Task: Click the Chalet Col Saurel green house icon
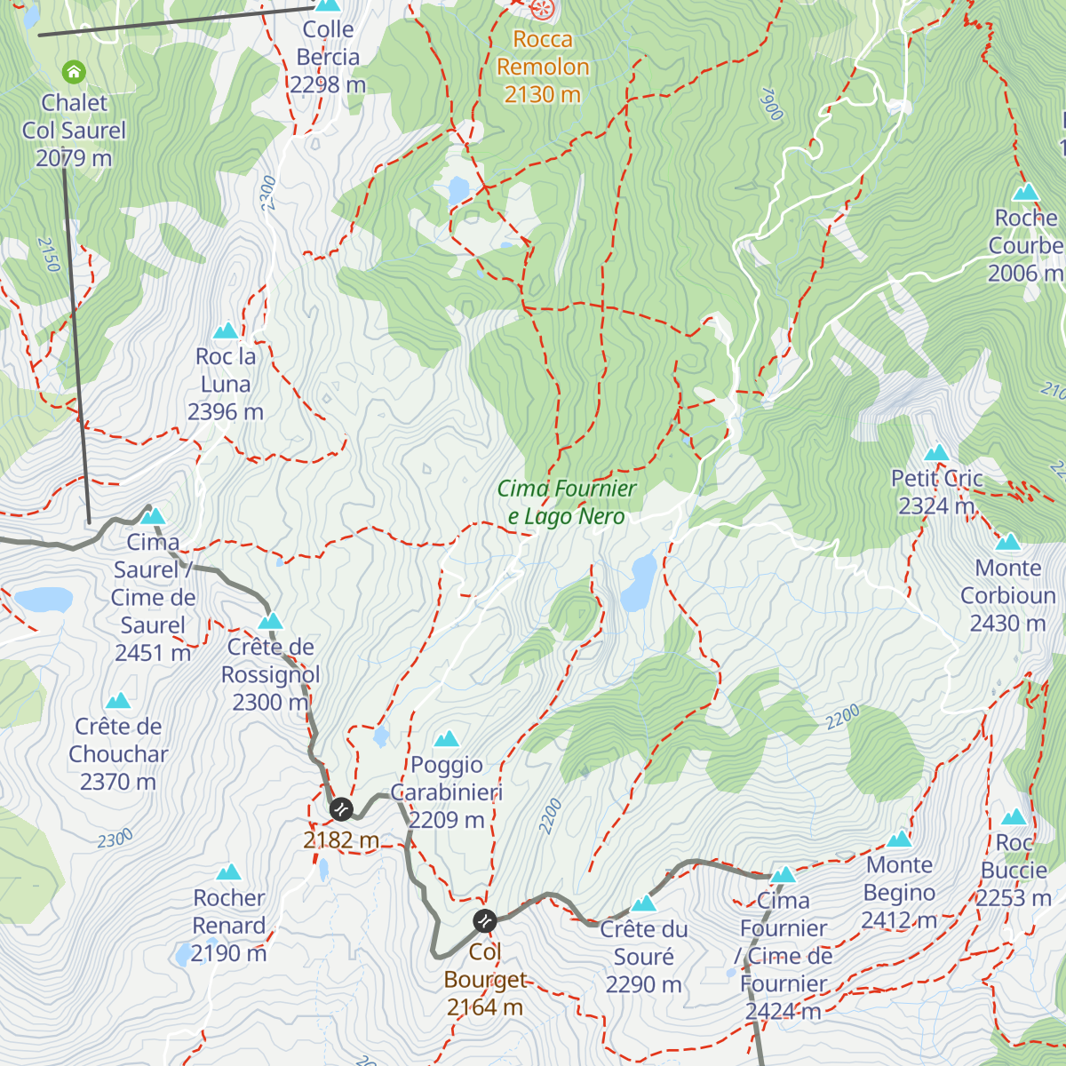click(74, 71)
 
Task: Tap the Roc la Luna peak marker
click(226, 331)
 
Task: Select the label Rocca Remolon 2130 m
click(542, 67)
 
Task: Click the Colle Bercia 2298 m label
click(328, 57)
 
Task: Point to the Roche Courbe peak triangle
click(1026, 192)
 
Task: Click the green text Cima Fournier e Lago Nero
click(567, 502)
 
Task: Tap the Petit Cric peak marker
click(936, 454)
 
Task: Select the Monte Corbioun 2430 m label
click(1008, 595)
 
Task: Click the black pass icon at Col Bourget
click(484, 921)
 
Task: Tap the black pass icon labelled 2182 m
click(341, 809)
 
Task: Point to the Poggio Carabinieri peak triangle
click(447, 739)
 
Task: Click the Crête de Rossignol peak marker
click(270, 621)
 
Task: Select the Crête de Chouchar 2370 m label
click(118, 754)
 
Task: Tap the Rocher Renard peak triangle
click(229, 872)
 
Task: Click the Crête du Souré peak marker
click(643, 904)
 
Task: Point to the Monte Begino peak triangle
click(899, 839)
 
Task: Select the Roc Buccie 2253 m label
click(1014, 871)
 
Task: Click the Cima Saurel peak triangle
click(154, 516)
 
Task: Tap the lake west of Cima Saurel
click(43, 601)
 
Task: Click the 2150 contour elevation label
click(49, 254)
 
